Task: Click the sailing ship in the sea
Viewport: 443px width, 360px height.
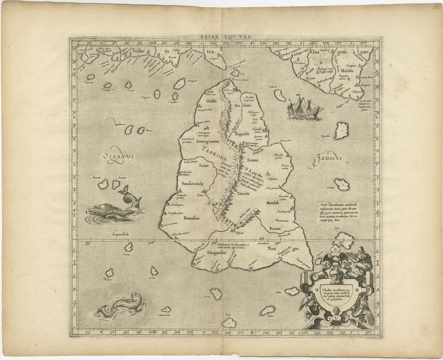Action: [x=305, y=108]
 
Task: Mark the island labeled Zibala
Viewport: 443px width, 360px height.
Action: [x=342, y=184]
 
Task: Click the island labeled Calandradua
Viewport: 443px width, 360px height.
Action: [x=166, y=309]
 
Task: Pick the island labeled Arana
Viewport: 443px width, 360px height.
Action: [x=216, y=293]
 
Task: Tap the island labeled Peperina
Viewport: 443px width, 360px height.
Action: [x=91, y=77]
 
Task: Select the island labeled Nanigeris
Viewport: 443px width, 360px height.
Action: [x=179, y=83]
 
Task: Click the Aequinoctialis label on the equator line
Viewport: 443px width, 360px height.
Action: [x=109, y=233]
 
